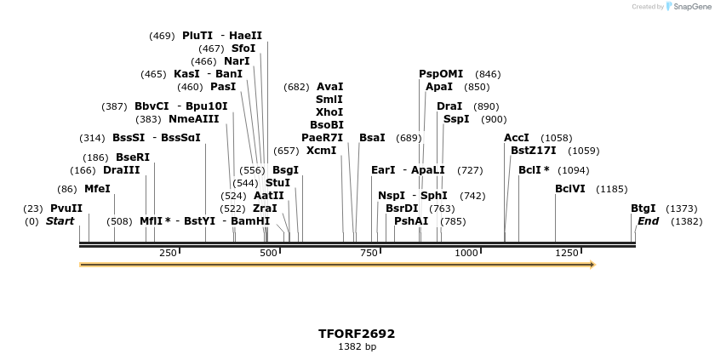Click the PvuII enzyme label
[x=66, y=209]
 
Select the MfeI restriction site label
[x=97, y=189]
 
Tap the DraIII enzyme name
[x=121, y=170]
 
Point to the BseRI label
[x=132, y=157]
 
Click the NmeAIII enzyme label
[x=193, y=119]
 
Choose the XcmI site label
[x=321, y=151]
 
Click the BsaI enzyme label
[x=372, y=138]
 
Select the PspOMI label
[x=441, y=74]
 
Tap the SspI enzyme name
[x=456, y=119]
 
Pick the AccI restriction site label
[x=517, y=138]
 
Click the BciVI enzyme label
[x=570, y=189]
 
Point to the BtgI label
[x=643, y=209]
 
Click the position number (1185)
[x=612, y=189]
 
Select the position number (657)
[x=286, y=151]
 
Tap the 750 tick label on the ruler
[x=369, y=253]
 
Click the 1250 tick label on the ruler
[x=567, y=253]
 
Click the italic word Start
[x=60, y=221]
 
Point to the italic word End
[x=648, y=221]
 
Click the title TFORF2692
[x=357, y=334]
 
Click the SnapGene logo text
[x=690, y=7]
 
